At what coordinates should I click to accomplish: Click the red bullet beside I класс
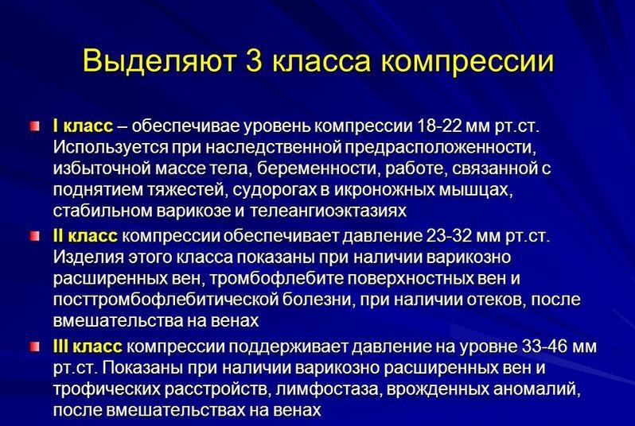point(35,126)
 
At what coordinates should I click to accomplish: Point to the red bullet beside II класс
point(35,237)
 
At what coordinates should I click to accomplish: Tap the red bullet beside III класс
point(35,347)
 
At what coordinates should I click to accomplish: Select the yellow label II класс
point(85,237)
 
